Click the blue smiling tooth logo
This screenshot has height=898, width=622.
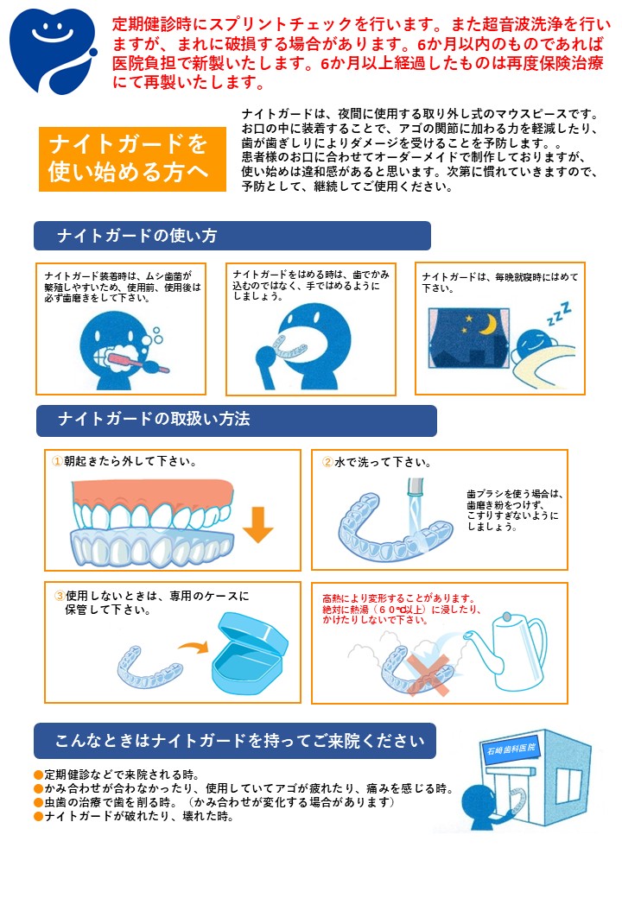click(53, 50)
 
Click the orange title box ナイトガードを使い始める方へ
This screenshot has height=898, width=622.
click(132, 159)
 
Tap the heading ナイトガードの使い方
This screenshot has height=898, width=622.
click(137, 236)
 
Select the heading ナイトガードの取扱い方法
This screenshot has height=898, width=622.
click(154, 420)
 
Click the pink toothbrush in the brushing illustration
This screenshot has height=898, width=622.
click(138, 361)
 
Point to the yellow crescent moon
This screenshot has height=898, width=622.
click(488, 324)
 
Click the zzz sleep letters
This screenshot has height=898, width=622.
click(559, 313)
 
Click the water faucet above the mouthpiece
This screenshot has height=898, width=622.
click(415, 488)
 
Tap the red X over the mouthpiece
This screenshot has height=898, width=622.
click(428, 673)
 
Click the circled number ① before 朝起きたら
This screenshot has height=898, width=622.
click(57, 461)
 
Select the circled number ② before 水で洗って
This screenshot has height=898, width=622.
click(327, 462)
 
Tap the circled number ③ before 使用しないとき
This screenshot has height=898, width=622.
click(60, 596)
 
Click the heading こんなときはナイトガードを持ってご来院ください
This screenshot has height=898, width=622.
click(240, 741)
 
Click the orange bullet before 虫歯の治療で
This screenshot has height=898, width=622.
click(38, 802)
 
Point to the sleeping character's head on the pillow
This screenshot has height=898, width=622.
click(534, 343)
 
